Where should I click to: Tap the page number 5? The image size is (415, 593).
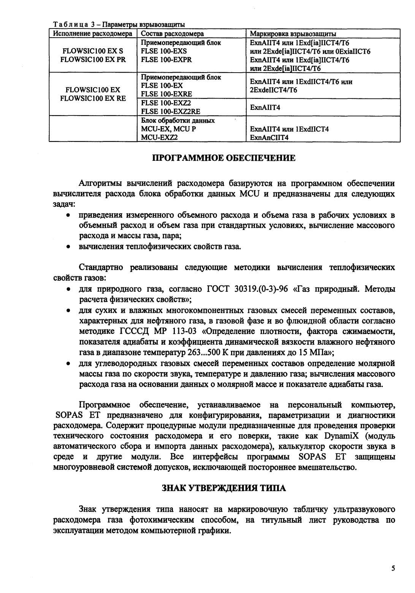pos(393,569)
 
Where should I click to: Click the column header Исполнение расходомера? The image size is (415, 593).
pos(93,34)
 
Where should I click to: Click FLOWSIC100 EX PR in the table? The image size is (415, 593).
pos(93,60)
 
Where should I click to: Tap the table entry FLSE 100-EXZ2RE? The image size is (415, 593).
pos(171,112)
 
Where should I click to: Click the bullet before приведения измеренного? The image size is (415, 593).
pos(67,216)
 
